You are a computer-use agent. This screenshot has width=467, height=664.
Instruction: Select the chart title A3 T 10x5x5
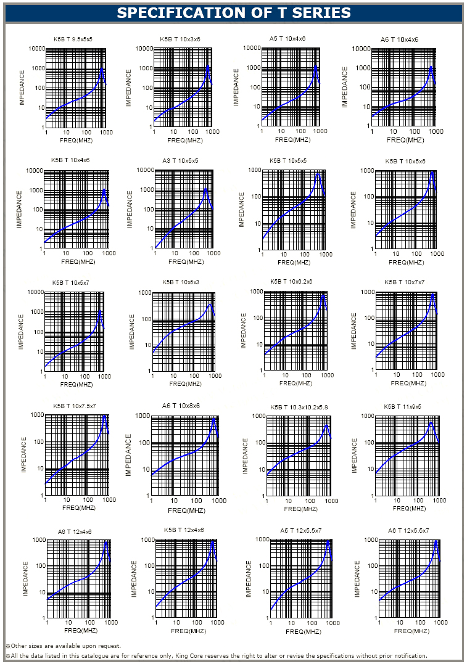pyautogui.click(x=181, y=160)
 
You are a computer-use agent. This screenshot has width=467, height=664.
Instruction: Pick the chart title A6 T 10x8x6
pyautogui.click(x=181, y=406)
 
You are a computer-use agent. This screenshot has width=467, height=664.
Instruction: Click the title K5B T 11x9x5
pyautogui.click(x=402, y=406)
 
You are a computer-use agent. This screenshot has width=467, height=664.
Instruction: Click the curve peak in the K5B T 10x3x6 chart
pyautogui.click(x=208, y=66)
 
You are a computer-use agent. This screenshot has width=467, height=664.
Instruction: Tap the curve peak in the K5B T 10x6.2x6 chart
pyautogui.click(x=323, y=296)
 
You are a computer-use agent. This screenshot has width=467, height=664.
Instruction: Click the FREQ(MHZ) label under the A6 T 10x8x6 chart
pyautogui.click(x=186, y=510)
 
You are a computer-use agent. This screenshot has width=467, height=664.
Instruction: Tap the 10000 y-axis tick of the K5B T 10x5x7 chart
pyautogui.click(x=35, y=292)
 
